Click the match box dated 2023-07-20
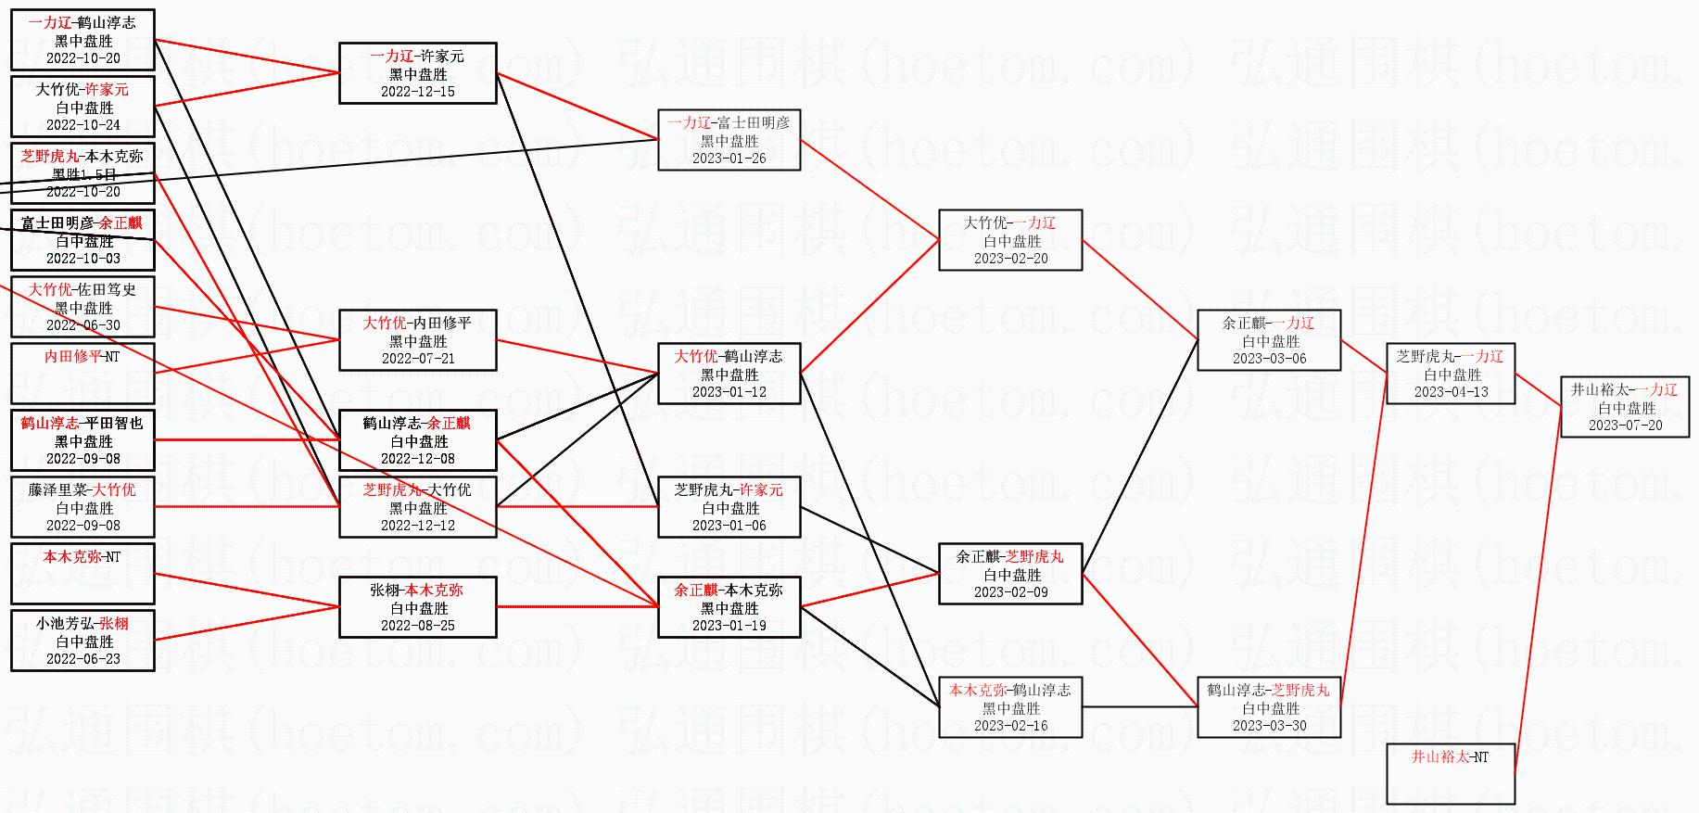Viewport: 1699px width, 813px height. (x=1625, y=407)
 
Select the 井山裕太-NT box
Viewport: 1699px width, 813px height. (x=1451, y=773)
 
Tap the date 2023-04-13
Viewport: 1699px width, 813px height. (x=1451, y=392)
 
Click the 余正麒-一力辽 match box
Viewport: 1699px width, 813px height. (x=1269, y=340)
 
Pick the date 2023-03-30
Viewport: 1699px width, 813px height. (x=1269, y=726)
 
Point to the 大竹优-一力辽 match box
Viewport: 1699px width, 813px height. (x=1010, y=240)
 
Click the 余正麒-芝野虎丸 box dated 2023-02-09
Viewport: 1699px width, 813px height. (x=1010, y=574)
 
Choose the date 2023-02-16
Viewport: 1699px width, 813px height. (x=1010, y=726)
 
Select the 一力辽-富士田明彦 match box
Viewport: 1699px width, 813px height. (x=729, y=140)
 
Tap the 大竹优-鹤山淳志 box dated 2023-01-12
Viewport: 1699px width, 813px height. (x=729, y=374)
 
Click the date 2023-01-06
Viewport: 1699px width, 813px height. (x=729, y=526)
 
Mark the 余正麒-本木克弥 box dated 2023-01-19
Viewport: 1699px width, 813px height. (x=729, y=607)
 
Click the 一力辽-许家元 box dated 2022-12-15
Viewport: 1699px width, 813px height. (x=418, y=73)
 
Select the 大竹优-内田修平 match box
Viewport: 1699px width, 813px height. (x=418, y=340)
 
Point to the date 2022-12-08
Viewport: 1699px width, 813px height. (x=418, y=459)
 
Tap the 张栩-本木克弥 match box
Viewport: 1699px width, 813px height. (x=418, y=607)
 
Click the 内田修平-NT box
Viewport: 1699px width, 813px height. (x=83, y=373)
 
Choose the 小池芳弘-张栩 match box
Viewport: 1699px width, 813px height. (x=83, y=641)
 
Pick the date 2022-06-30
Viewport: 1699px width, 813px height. (x=83, y=325)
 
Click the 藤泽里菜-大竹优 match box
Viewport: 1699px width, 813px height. (x=83, y=507)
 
